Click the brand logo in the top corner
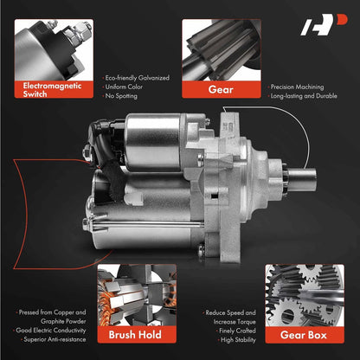tap(324, 25)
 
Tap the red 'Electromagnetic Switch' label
tap(54, 90)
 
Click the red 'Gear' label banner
tap(222, 89)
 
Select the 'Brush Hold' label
tap(137, 335)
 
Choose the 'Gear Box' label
tap(305, 335)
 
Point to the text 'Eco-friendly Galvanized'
tap(137, 78)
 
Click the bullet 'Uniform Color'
tap(124, 87)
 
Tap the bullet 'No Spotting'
tap(121, 96)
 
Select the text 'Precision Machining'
tap(297, 87)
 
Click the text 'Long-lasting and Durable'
tap(304, 96)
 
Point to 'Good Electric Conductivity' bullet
tap(51, 331)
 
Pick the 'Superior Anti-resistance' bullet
tap(55, 339)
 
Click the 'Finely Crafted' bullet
tap(237, 331)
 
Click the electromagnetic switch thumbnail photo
tap(54, 50)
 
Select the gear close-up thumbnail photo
tap(222, 50)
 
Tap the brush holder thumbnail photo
tap(137, 295)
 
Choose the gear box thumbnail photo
tap(305, 295)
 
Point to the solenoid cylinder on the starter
tap(153, 142)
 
